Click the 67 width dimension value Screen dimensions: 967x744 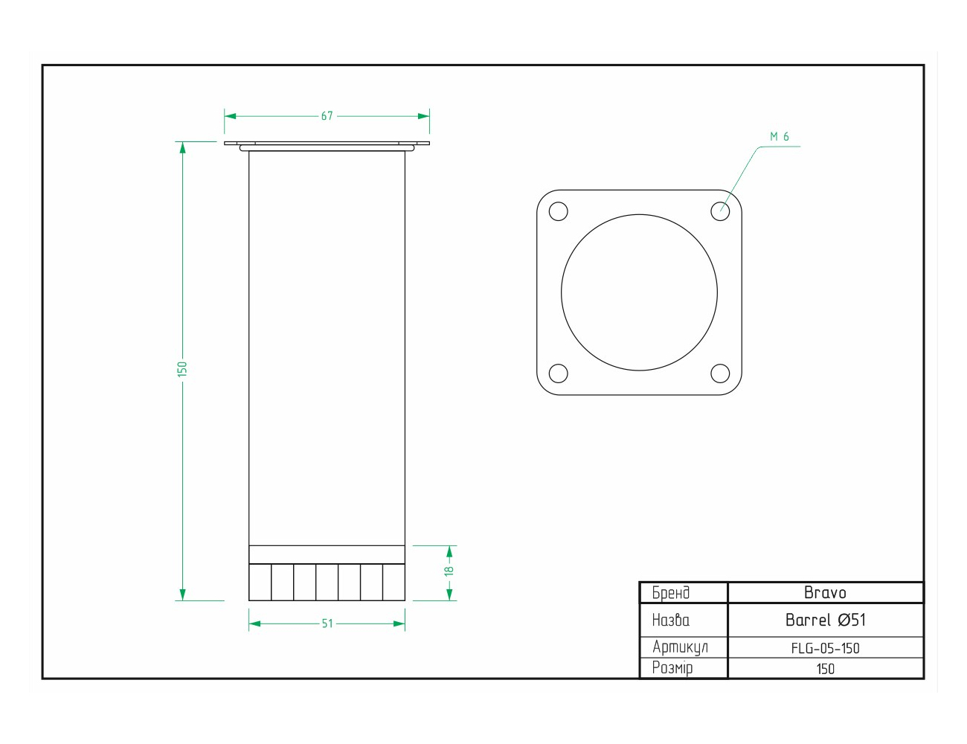327,116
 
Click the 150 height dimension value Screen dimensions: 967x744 182,369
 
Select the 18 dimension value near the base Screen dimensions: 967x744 449,571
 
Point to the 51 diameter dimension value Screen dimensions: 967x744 327,623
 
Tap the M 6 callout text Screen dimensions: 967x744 780,137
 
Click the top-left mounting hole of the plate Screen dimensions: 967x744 559,211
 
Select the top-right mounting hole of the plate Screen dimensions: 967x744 720,211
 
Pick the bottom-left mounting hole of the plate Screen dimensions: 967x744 559,373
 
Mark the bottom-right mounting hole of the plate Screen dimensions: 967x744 720,373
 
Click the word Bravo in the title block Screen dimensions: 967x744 825,593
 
